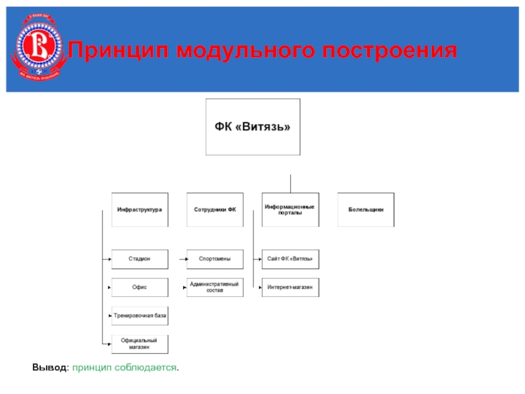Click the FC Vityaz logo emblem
(x=37, y=49)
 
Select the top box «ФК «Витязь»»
(x=253, y=127)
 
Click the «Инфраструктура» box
(x=139, y=209)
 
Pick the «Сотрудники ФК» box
(x=215, y=209)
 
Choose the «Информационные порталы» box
(x=290, y=209)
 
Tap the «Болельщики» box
(x=366, y=209)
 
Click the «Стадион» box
(x=139, y=259)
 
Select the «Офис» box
(x=139, y=288)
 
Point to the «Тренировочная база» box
(x=139, y=316)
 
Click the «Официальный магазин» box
(x=139, y=343)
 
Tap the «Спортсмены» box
(x=215, y=259)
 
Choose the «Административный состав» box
(x=215, y=288)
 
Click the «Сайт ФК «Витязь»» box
(x=290, y=259)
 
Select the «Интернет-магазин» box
(x=290, y=288)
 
